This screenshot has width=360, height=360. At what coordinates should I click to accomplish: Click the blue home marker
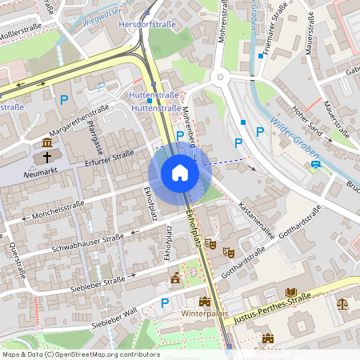[x=179, y=172]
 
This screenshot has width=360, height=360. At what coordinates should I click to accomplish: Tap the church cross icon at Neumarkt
[x=47, y=157]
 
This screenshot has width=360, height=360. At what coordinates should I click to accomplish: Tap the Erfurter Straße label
[x=111, y=158]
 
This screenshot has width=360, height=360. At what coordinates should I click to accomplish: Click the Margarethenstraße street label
[x=78, y=119]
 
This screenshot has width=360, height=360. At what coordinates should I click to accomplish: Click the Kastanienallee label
[x=257, y=218]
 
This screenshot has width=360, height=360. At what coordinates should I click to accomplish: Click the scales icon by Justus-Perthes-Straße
[x=343, y=303]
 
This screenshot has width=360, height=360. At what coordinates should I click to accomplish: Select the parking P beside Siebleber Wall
[x=165, y=303]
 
